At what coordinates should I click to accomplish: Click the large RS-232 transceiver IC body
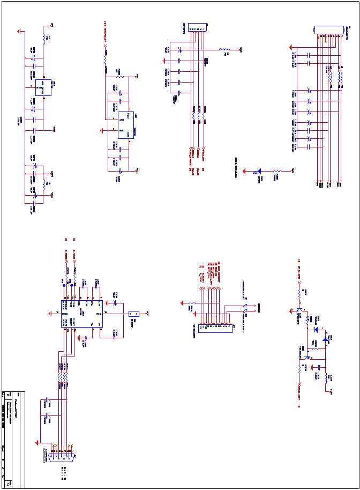point(82,314)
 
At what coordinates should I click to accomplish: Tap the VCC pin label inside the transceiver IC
point(99,314)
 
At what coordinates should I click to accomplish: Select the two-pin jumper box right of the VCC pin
point(134,314)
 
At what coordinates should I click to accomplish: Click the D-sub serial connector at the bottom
point(61,457)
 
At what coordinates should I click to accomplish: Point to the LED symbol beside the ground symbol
point(260,172)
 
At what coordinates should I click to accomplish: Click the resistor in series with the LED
point(277,172)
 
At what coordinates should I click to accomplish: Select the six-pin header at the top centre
point(197,27)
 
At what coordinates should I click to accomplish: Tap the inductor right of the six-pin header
point(225,50)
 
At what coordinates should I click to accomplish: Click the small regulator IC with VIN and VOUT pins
point(43,87)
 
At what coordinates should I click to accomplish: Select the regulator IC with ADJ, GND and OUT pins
point(126,125)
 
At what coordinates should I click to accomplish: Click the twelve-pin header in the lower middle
point(215,328)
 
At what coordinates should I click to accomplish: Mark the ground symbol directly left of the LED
point(245,172)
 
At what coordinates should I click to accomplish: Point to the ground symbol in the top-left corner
point(20,31)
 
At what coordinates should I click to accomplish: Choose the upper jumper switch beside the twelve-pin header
point(246,306)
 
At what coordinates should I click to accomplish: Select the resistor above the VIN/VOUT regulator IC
point(44,39)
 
